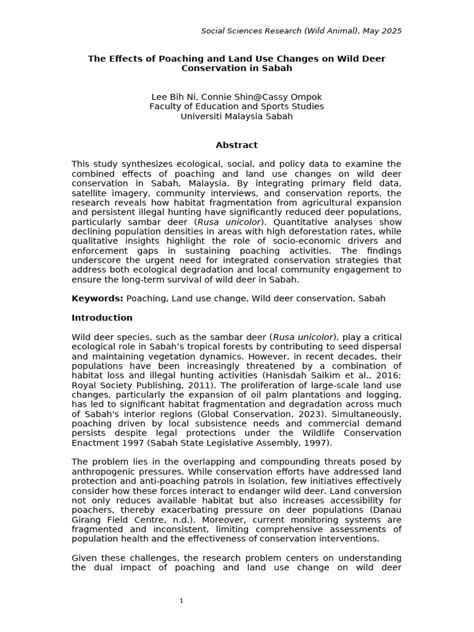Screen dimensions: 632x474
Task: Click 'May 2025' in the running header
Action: coord(381,31)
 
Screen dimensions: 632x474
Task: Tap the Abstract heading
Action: coord(236,145)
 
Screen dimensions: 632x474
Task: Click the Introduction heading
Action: coord(102,318)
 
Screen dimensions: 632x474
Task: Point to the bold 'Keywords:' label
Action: coord(98,298)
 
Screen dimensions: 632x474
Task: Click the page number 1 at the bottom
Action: coord(181,601)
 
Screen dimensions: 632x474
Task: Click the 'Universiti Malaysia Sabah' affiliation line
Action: coord(236,115)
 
